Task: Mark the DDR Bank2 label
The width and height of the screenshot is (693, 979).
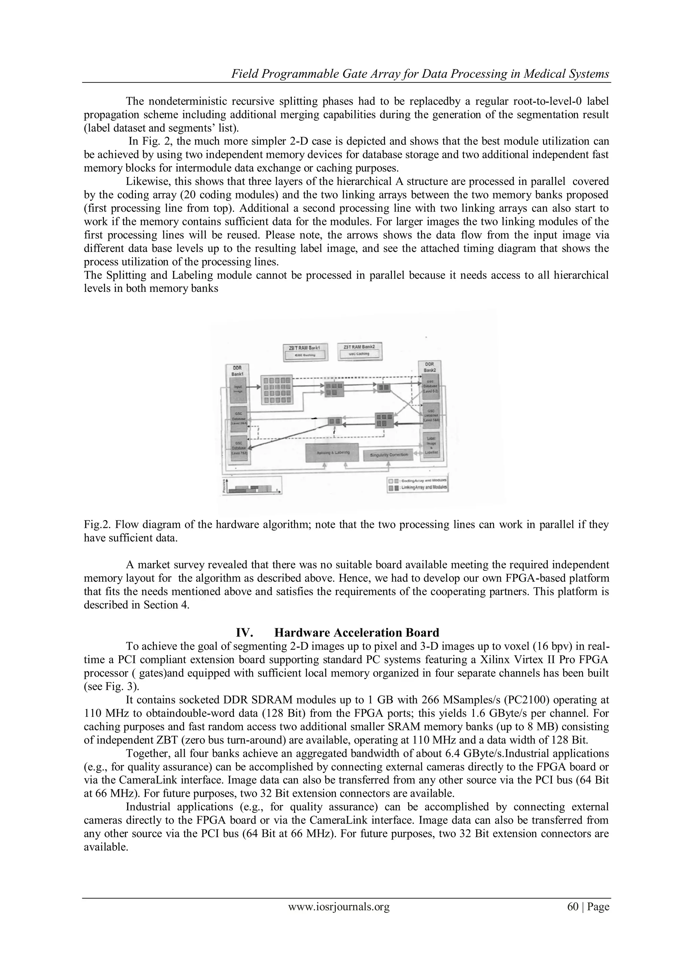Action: click(429, 367)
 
